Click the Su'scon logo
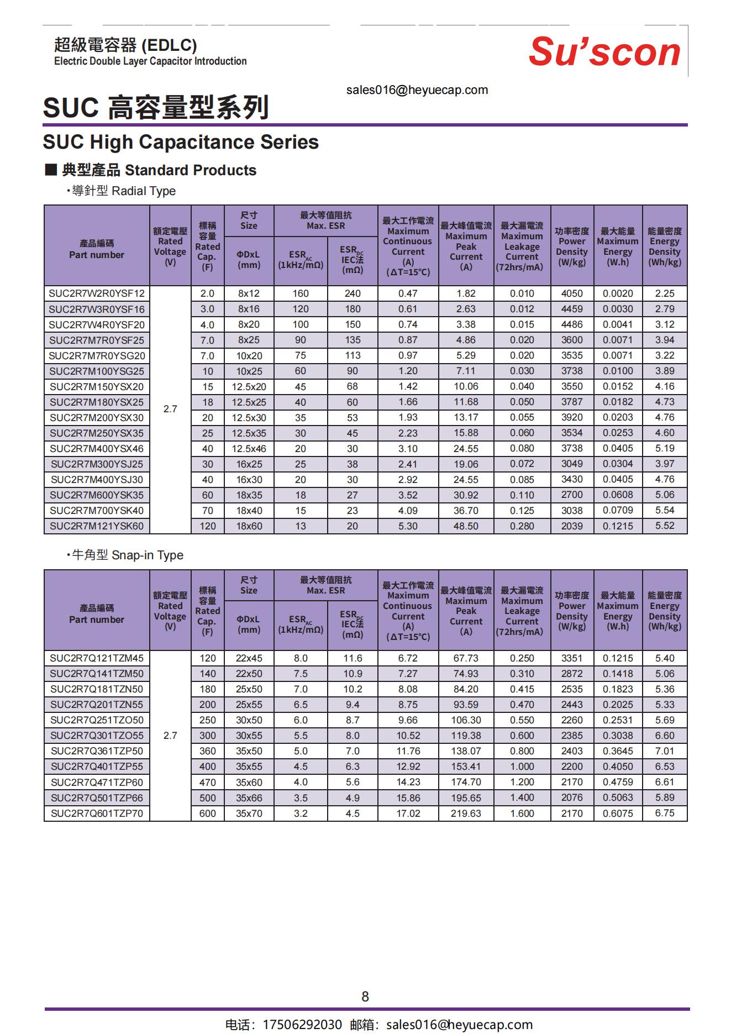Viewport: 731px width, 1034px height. pos(604,52)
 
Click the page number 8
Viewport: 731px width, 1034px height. pos(365,996)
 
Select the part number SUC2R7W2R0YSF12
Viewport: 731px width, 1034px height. pos(97,293)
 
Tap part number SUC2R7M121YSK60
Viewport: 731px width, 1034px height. pos(97,526)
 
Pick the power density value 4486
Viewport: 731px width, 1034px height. pos(572,324)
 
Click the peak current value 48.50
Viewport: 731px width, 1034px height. pos(466,526)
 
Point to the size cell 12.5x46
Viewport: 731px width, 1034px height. pos(249,449)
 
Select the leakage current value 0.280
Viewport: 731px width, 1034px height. pos(522,526)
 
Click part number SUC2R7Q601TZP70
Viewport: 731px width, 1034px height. pos(97,813)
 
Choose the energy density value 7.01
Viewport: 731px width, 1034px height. pos(665,751)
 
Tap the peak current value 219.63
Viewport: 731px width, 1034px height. pos(466,813)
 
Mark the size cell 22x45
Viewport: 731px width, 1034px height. pos(249,658)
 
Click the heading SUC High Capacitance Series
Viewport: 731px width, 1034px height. pos(181,142)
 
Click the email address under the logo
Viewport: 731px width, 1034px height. pos(417,90)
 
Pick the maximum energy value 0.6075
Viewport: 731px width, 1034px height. pos(618,813)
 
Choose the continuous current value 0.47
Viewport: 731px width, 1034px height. pos(408,293)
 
